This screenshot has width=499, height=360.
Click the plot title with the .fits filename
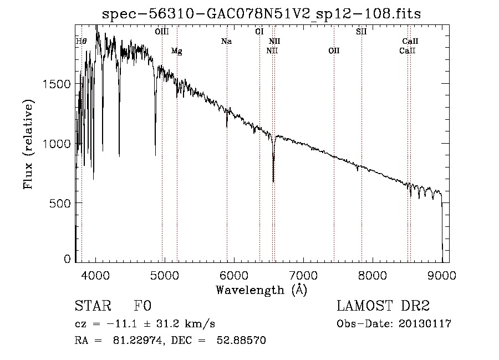(x=262, y=14)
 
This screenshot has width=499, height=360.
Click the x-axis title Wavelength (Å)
(x=261, y=290)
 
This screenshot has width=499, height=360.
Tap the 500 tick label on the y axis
(x=61, y=203)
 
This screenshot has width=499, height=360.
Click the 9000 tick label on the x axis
(x=442, y=275)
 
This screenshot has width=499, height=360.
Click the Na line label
(x=226, y=41)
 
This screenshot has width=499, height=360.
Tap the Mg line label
(x=176, y=51)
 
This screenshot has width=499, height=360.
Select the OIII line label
(x=162, y=32)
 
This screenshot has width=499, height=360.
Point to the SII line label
(x=361, y=32)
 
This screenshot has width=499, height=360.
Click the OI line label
(x=259, y=32)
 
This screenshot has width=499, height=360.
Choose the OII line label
(x=334, y=51)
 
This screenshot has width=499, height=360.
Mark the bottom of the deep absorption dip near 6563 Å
(x=273, y=181)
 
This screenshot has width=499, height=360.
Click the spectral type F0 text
(x=143, y=306)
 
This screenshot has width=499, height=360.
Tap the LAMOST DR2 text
(x=383, y=306)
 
